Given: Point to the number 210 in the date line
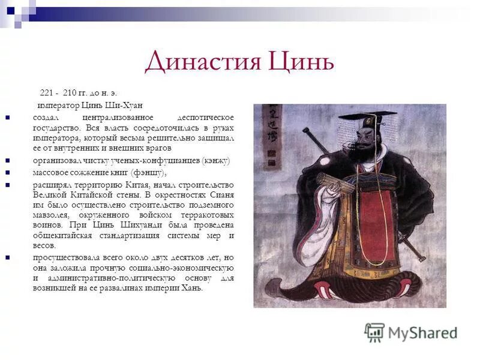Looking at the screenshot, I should [70, 93].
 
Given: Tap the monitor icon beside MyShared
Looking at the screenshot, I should [374, 332].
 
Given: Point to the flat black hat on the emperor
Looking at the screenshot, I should [367, 116].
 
